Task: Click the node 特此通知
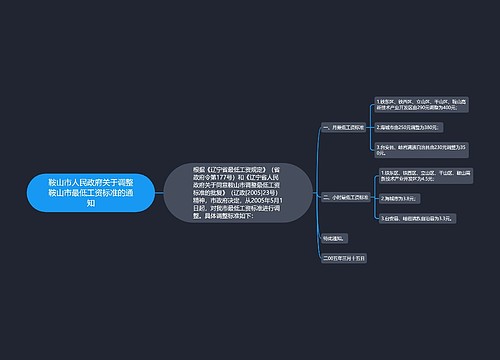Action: pos(334,238)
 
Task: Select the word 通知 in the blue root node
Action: pos(91,203)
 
